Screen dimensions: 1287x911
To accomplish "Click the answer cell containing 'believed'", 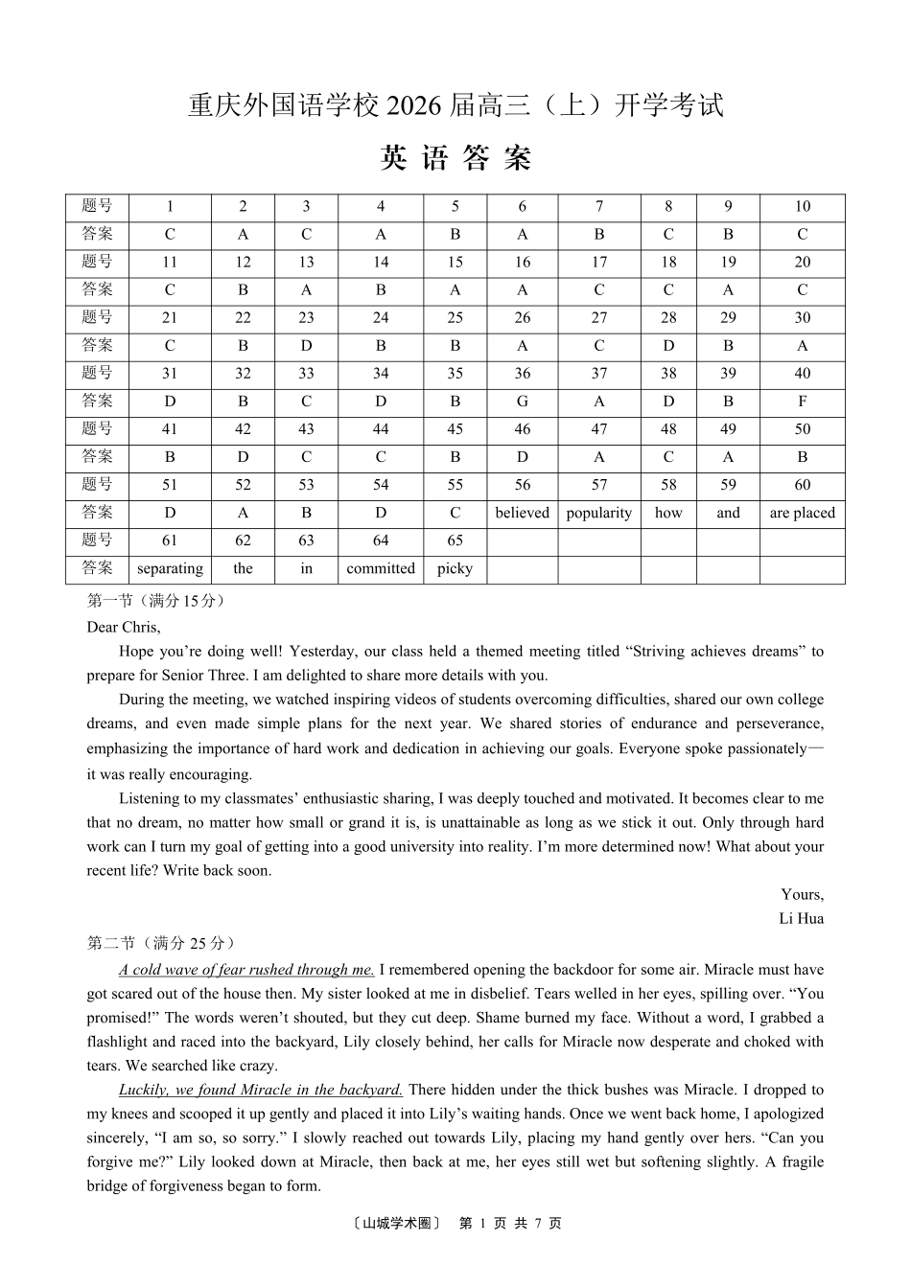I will tap(522, 513).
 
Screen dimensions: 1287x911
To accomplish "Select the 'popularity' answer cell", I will tap(598, 513).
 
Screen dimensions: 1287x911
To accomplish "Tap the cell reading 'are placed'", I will tap(802, 513).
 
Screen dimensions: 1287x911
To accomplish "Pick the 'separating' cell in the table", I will tap(170, 568).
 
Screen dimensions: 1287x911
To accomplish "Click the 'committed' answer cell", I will tap(381, 568).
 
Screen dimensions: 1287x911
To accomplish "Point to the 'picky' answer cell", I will tap(455, 568).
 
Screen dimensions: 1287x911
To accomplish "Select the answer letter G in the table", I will tap(522, 402).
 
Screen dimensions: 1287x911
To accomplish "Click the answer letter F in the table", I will tap(802, 402).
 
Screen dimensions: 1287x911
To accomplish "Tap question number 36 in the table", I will tap(522, 374).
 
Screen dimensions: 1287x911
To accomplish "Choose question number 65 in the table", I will tap(455, 540).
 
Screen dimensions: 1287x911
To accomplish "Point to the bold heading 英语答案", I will tap(455, 158).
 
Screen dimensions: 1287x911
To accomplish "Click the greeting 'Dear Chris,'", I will tap(124, 628).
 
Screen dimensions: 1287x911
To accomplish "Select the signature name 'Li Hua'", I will tap(801, 919).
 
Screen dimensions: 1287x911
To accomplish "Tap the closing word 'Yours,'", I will tap(802, 895).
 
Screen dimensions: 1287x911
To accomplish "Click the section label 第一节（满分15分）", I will tap(156, 602).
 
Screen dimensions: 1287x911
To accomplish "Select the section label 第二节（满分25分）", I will tap(161, 944).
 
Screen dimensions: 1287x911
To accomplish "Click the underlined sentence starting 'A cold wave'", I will tap(246, 970).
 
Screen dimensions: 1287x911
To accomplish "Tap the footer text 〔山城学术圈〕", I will tap(396, 1224).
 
